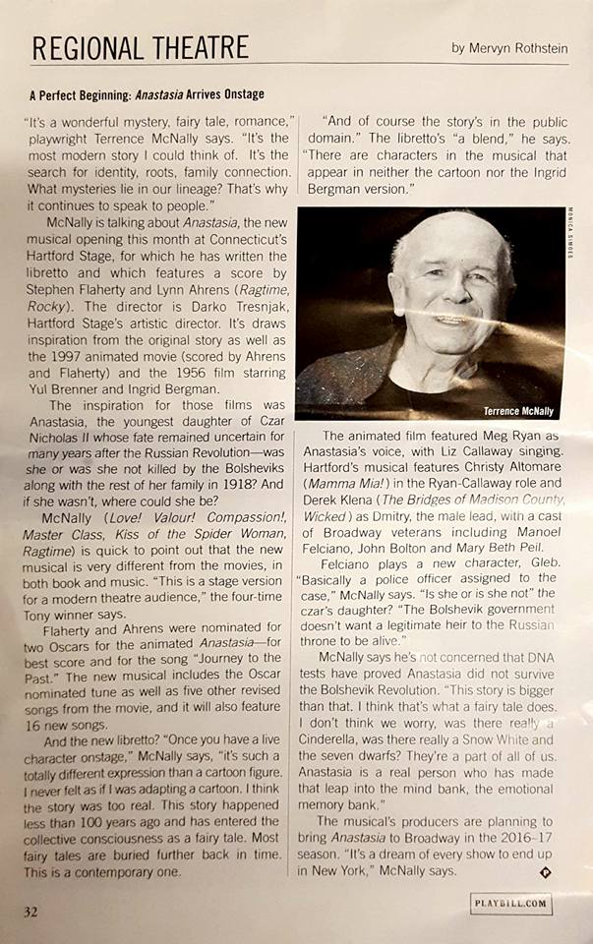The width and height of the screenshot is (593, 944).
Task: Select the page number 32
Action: (32, 912)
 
